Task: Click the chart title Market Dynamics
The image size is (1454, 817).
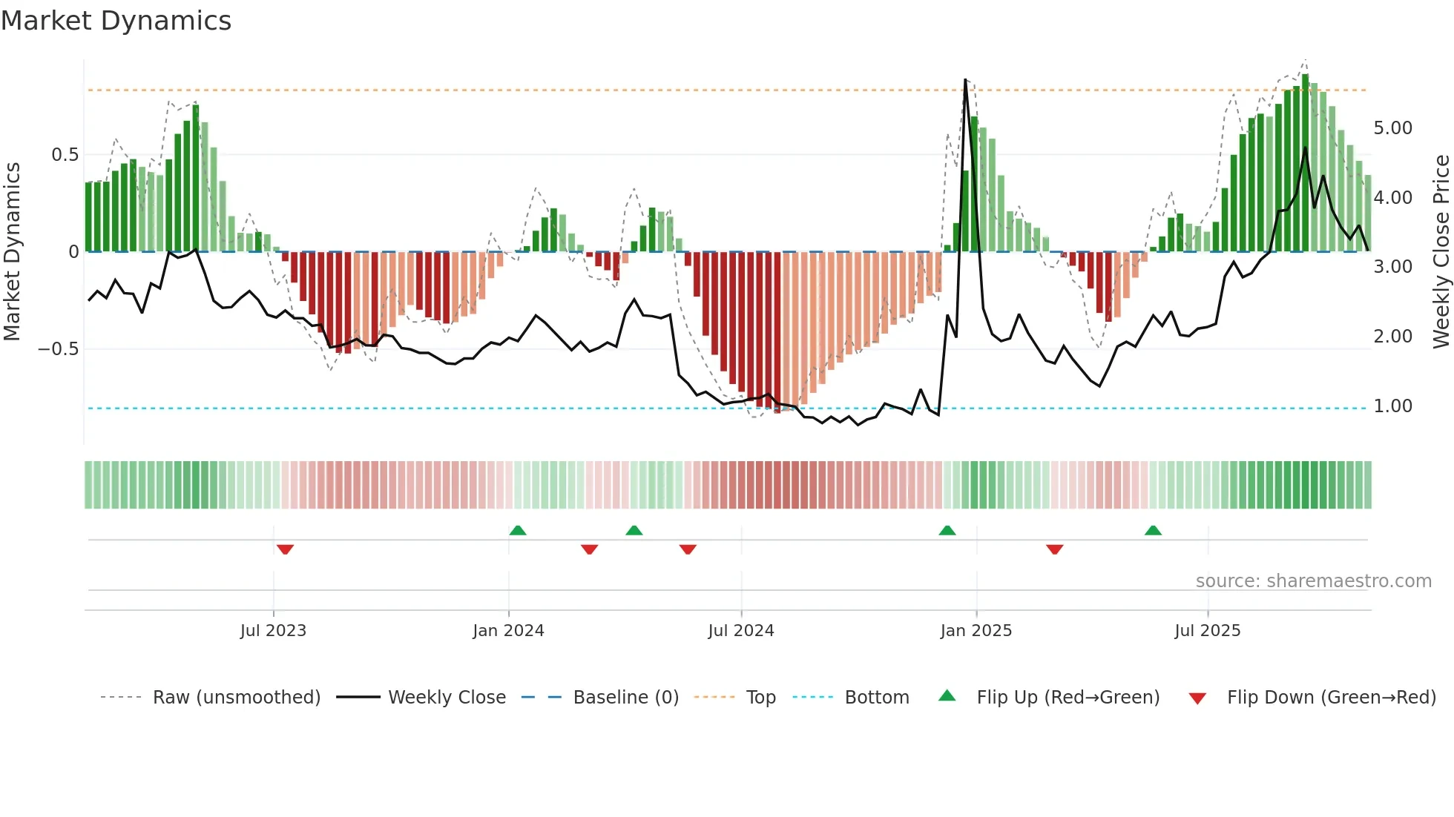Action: pos(116,21)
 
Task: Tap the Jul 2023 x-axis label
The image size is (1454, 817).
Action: pos(273,631)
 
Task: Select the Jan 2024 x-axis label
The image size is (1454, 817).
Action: pos(508,631)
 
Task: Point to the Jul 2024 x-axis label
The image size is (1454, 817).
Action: pos(740,631)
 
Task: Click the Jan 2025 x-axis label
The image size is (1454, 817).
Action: pos(976,631)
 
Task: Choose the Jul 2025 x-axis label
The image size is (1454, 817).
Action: pos(1207,631)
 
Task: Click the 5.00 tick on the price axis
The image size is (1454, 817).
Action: pos(1392,128)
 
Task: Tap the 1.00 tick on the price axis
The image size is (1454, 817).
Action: pos(1392,406)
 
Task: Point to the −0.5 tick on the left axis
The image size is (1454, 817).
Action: pos(59,349)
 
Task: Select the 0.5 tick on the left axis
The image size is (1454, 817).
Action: pos(65,155)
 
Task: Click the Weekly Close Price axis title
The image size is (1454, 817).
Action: pos(1441,251)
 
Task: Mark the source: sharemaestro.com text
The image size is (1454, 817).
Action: pos(1313,581)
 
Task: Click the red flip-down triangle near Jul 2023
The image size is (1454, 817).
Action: pos(285,549)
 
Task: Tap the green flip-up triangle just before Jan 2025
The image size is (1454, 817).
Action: pos(947,530)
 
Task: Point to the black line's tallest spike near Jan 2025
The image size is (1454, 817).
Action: pos(965,80)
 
